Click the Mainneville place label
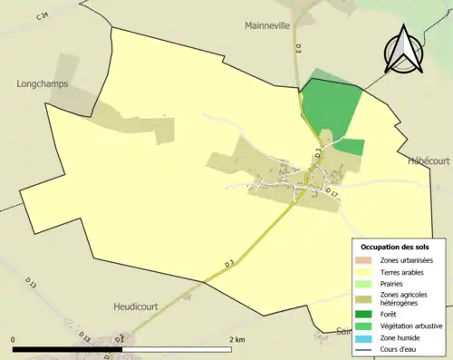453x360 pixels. pyautogui.click(x=266, y=26)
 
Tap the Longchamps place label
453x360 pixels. pyautogui.click(x=42, y=84)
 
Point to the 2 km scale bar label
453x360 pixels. pyautogui.click(x=238, y=340)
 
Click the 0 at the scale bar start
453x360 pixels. pyautogui.click(x=14, y=340)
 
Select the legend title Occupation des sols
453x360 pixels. pyautogui.click(x=395, y=247)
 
